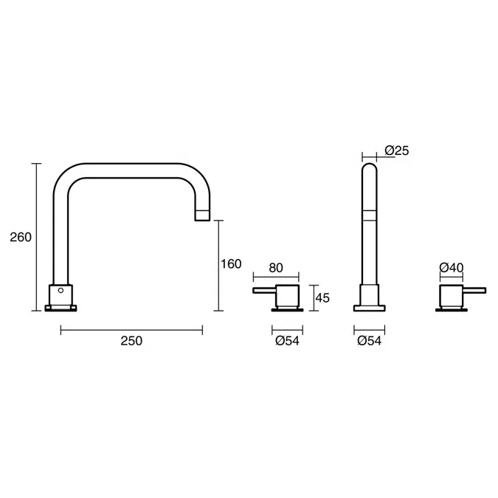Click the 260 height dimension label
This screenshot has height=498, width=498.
point(21,238)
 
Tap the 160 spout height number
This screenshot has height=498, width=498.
point(231,264)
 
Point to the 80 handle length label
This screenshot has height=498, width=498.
point(276,268)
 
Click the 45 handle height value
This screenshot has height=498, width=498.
point(322,297)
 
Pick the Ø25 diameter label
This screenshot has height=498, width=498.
point(396,151)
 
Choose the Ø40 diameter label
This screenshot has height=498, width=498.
point(450,268)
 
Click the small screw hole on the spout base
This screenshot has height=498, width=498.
point(61,291)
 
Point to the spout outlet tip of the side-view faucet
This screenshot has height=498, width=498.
point(201,214)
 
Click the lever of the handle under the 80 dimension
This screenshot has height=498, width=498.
point(264,291)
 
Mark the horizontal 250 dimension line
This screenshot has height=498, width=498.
point(131,328)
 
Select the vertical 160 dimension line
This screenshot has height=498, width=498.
point(218,266)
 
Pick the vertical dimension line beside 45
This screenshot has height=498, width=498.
point(313,297)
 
